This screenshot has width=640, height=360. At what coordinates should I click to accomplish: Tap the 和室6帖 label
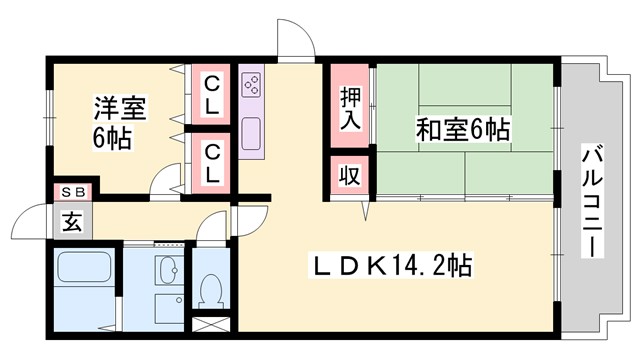click(x=463, y=129)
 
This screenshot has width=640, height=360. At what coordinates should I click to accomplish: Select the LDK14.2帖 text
click(x=396, y=267)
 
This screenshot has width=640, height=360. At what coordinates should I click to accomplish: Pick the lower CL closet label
click(x=213, y=162)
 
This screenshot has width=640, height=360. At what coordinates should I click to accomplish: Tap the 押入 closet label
click(x=349, y=108)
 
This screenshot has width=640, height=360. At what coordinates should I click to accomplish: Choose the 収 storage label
click(x=349, y=177)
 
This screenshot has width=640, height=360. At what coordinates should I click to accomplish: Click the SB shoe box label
click(x=73, y=191)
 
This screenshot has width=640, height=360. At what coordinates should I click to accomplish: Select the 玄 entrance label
click(x=73, y=221)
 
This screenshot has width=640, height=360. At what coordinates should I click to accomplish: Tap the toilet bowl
click(x=211, y=291)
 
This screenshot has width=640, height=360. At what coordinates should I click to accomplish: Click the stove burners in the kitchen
click(x=251, y=83)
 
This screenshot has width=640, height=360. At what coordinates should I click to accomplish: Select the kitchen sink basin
click(x=251, y=131)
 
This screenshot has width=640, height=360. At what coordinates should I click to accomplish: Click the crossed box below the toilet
click(x=211, y=325)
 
